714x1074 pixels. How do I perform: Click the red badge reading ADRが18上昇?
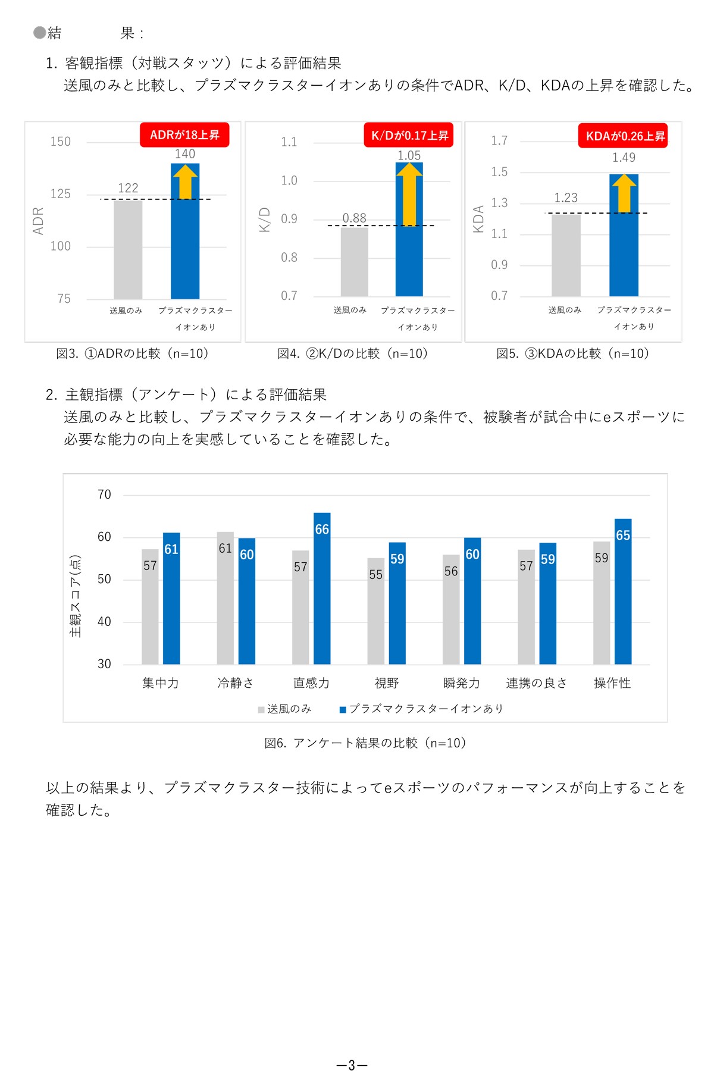184,135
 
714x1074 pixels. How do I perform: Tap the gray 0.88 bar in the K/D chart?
354,262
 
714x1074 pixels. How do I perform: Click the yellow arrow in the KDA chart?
624,193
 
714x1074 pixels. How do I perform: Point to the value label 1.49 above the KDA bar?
624,158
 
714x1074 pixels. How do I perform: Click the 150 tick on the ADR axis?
60,142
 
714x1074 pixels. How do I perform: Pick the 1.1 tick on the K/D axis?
289,142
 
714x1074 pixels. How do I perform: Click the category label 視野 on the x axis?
386,683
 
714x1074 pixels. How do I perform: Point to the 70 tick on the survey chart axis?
104,494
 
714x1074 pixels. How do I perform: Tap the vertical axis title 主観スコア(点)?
76,596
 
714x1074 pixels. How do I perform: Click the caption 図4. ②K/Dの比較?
352,353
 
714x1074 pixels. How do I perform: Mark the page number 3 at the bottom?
352,1065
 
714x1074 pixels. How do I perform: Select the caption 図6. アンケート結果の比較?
365,743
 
